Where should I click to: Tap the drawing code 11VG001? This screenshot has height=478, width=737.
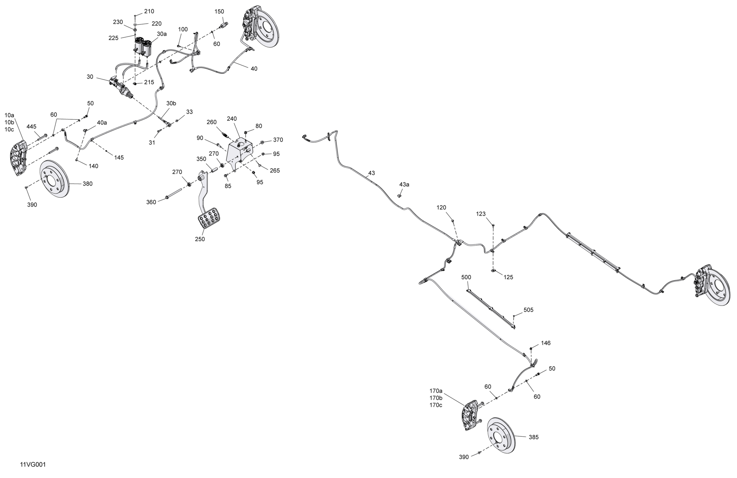click(33, 465)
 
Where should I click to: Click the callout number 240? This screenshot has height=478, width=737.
click(232, 119)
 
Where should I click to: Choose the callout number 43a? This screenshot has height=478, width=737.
click(404, 184)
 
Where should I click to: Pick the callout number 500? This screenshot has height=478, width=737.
click(466, 277)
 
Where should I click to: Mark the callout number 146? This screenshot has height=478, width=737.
click(546, 343)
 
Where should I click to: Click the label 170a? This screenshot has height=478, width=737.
click(436, 391)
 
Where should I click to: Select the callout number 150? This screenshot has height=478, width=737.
click(219, 12)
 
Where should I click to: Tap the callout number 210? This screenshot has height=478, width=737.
click(149, 11)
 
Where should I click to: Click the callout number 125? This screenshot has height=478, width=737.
click(508, 277)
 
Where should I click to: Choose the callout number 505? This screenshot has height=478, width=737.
click(528, 310)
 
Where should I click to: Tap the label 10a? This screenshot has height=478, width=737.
click(9, 115)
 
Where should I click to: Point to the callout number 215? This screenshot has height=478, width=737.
click(149, 82)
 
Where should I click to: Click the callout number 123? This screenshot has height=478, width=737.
click(481, 214)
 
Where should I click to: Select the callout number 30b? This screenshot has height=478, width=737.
click(171, 103)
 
